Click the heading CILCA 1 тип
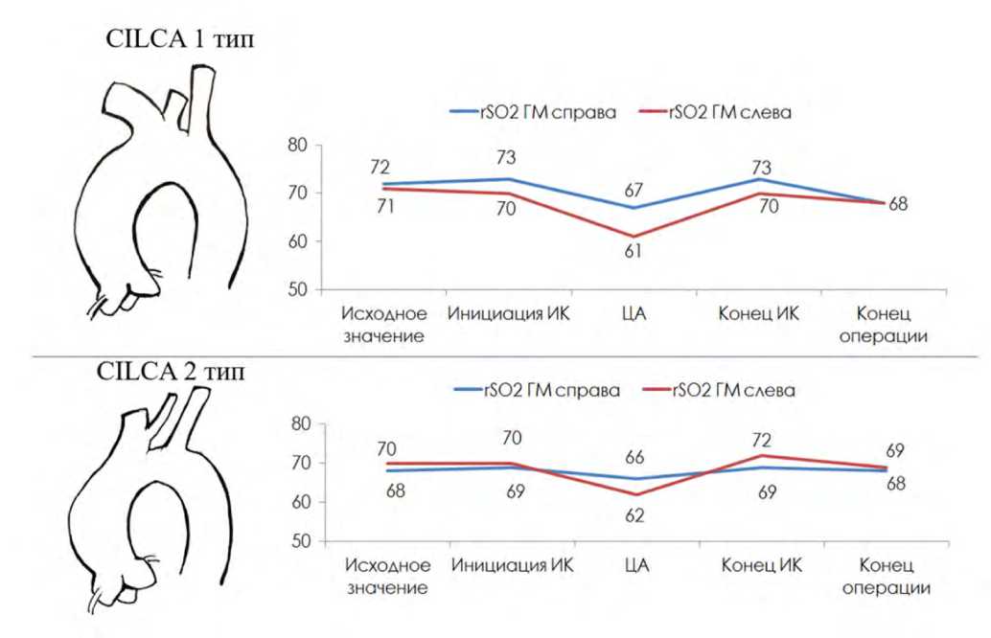pyautogui.click(x=182, y=40)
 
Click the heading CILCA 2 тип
pyautogui.click(x=172, y=373)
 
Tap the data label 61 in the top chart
pyautogui.click(x=633, y=252)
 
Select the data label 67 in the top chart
pyautogui.click(x=633, y=191)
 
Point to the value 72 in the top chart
pyautogui.click(x=380, y=168)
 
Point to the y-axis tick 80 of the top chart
pyautogui.click(x=297, y=146)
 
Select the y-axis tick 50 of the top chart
pyautogui.click(x=297, y=289)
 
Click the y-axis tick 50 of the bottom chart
pyautogui.click(x=297, y=542)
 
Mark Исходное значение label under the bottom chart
pyautogui.click(x=386, y=577)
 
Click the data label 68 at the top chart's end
pyautogui.click(x=897, y=204)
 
